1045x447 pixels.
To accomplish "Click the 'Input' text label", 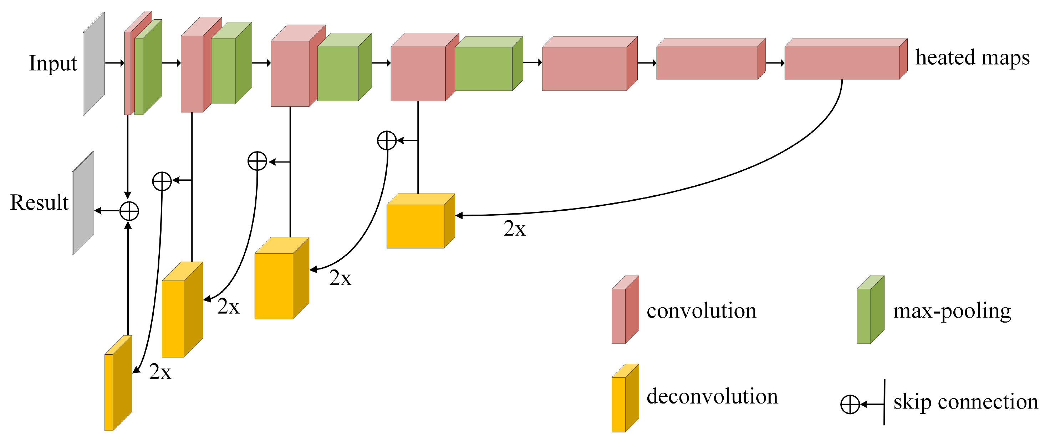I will point(53,63).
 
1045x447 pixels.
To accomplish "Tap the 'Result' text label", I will point(39,202).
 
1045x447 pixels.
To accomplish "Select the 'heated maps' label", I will point(972,58).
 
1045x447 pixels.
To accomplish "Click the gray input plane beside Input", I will point(94,64).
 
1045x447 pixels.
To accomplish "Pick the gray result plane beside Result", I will point(83,203).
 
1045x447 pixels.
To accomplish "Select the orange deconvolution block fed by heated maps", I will point(416,226).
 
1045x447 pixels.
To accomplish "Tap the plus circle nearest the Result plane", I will point(129,211).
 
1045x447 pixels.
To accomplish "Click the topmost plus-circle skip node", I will point(387,140).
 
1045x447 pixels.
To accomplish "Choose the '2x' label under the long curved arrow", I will point(514,229).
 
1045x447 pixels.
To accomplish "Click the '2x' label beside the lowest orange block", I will point(160,372).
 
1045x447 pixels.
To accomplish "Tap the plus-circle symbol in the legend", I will point(850,405).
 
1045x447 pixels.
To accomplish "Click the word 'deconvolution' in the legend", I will point(712,396).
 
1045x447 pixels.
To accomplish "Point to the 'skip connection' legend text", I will point(965,402).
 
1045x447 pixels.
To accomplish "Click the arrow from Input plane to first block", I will point(114,63).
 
